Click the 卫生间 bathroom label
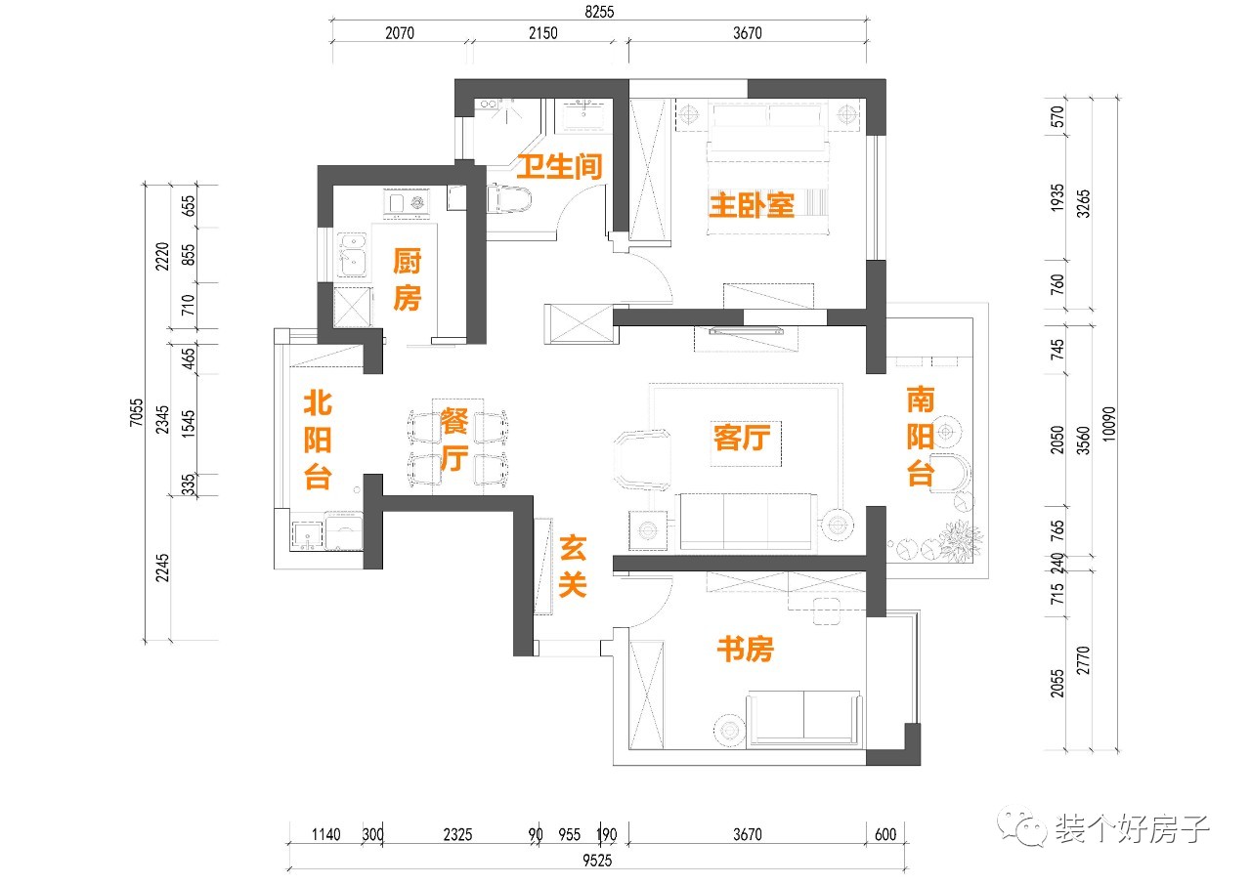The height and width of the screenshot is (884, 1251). [559, 166]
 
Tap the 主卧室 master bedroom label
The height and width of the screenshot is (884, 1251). [751, 205]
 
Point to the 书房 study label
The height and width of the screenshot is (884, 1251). [745, 649]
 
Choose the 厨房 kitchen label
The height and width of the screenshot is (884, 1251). [407, 279]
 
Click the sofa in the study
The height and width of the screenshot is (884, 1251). [803, 718]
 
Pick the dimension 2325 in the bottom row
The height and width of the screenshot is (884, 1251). [457, 835]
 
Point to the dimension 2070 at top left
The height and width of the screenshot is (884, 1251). [400, 33]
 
